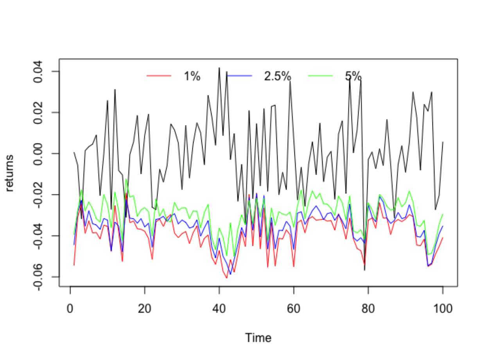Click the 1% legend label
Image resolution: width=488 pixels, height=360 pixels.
coord(192,76)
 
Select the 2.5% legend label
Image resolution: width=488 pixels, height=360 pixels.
coord(277,76)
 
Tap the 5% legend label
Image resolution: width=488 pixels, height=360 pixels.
coord(353,76)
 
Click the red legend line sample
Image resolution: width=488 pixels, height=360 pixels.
coord(159,76)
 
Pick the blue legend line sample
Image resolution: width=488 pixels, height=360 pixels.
coord(239,76)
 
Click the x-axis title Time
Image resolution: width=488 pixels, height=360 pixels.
coord(258,338)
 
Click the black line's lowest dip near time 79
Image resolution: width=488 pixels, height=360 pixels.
coord(364,270)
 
